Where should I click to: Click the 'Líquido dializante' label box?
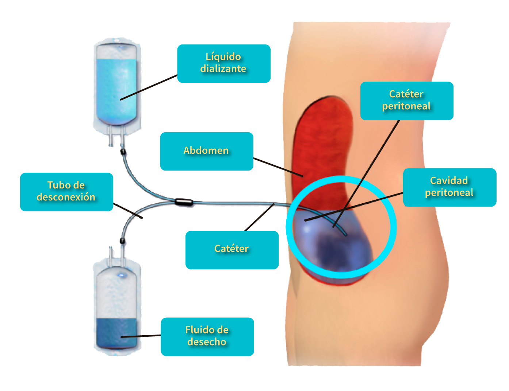(223, 63)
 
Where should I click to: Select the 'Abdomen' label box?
(206, 151)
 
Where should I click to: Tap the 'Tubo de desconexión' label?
(66, 192)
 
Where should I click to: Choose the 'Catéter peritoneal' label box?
(406, 101)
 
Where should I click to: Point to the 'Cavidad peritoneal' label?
(449, 187)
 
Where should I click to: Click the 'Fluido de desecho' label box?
(207, 336)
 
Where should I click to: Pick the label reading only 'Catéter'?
(231, 250)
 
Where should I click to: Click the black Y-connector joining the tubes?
(184, 202)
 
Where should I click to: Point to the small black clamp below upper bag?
(123, 151)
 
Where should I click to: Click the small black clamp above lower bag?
(122, 241)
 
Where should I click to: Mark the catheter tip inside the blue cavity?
(345, 234)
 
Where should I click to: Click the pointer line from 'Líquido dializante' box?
(149, 87)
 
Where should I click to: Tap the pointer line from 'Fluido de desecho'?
(141, 336)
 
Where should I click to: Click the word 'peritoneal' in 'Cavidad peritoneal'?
(449, 193)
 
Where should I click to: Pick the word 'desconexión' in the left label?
(66, 197)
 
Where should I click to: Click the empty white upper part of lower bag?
(116, 295)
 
